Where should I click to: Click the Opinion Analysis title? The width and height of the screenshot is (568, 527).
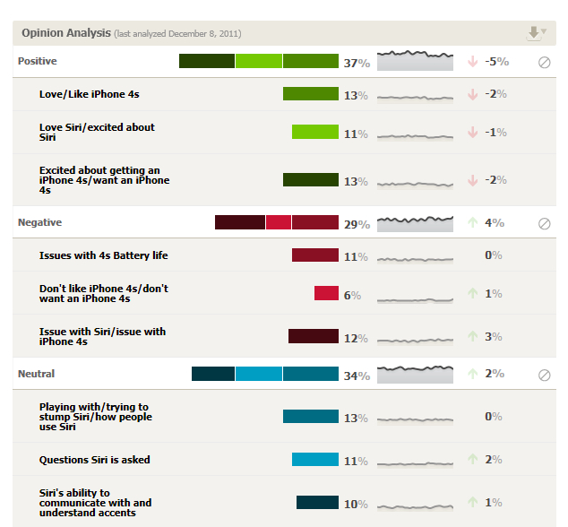tap(65, 33)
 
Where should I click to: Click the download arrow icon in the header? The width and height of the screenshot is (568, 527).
tap(535, 33)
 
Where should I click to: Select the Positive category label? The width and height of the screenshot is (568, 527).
tap(37, 61)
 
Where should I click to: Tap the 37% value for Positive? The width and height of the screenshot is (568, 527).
tap(357, 63)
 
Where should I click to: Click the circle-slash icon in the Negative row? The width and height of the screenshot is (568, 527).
tap(544, 223)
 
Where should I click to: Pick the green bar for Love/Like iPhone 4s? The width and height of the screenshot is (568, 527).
tap(310, 94)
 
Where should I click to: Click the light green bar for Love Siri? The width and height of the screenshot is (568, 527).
tap(314, 132)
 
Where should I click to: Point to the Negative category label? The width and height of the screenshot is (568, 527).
tap(39, 221)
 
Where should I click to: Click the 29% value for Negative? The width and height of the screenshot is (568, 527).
tap(357, 224)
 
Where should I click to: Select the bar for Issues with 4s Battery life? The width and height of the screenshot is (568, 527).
tap(314, 255)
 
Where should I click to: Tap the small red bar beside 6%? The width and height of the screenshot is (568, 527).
tap(326, 293)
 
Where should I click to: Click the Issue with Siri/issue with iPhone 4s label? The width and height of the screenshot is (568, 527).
tap(102, 336)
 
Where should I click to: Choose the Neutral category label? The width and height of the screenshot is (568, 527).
tap(36, 374)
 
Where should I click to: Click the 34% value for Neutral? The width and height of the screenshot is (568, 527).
tap(357, 376)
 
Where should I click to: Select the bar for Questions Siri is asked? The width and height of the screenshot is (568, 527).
tap(314, 460)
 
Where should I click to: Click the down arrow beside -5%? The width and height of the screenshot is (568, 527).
tap(472, 62)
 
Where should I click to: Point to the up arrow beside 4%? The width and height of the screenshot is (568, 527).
tap(472, 222)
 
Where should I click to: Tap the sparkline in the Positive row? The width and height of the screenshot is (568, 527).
tap(415, 61)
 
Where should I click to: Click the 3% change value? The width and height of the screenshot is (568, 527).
tap(494, 336)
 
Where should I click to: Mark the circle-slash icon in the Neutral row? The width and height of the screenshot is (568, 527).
tap(544, 376)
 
